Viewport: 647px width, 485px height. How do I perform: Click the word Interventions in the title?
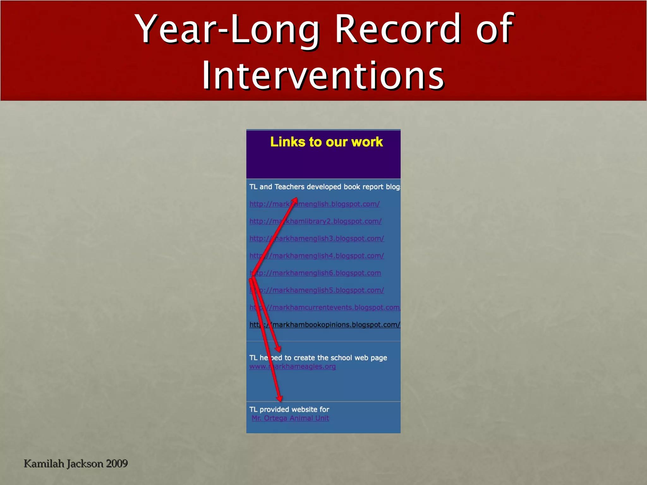coord(323,76)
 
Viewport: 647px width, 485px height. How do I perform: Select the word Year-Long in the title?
coord(227,29)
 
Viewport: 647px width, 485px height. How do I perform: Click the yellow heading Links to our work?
coord(326,142)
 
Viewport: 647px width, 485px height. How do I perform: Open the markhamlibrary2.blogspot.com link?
coord(329,221)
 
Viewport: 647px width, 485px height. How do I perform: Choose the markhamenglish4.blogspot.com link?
coord(329,256)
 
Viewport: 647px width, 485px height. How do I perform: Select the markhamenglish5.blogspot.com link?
coord(329,290)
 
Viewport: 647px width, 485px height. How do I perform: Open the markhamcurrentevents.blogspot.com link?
coord(335,308)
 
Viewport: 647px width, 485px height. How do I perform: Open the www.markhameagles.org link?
coord(303,367)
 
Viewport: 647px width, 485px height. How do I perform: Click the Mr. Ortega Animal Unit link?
coord(290,418)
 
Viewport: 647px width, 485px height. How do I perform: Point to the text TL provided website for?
coord(289,410)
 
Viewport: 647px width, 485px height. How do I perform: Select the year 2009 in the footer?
coord(117,464)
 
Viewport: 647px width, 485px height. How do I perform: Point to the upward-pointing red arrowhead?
coord(295,200)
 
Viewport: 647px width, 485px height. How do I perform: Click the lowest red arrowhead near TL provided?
coord(279,398)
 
